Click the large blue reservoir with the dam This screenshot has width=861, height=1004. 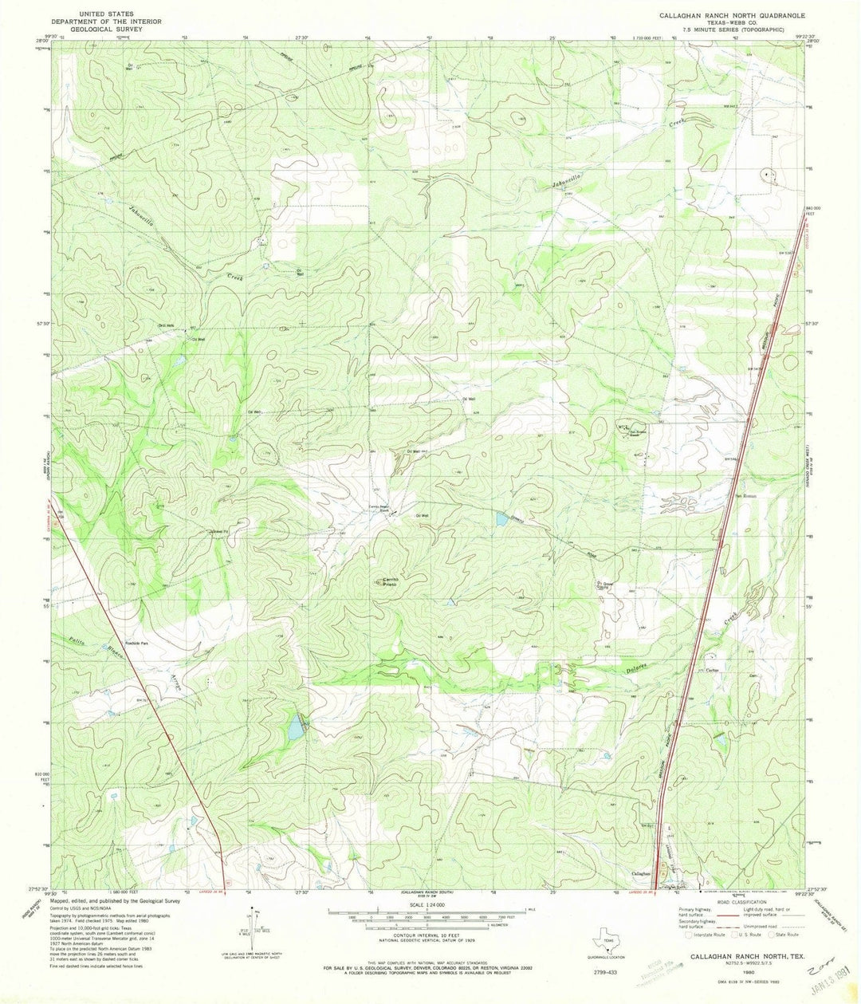[296, 726]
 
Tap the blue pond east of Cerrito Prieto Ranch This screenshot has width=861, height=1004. [501, 520]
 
